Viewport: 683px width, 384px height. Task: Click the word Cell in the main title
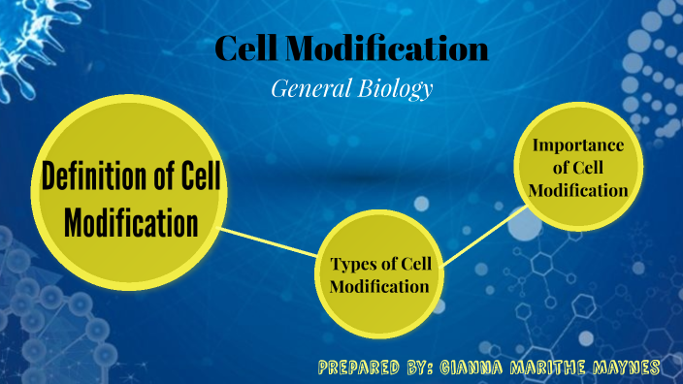(245, 48)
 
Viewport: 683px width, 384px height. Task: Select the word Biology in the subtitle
(391, 89)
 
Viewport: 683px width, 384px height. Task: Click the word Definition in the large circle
(91, 179)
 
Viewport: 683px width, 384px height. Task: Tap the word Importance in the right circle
(577, 145)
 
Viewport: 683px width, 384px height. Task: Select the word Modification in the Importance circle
(578, 190)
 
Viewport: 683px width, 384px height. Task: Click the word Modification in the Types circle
(379, 287)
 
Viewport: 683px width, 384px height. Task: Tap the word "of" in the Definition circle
(168, 179)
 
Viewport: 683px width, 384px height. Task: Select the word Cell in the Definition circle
(202, 179)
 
